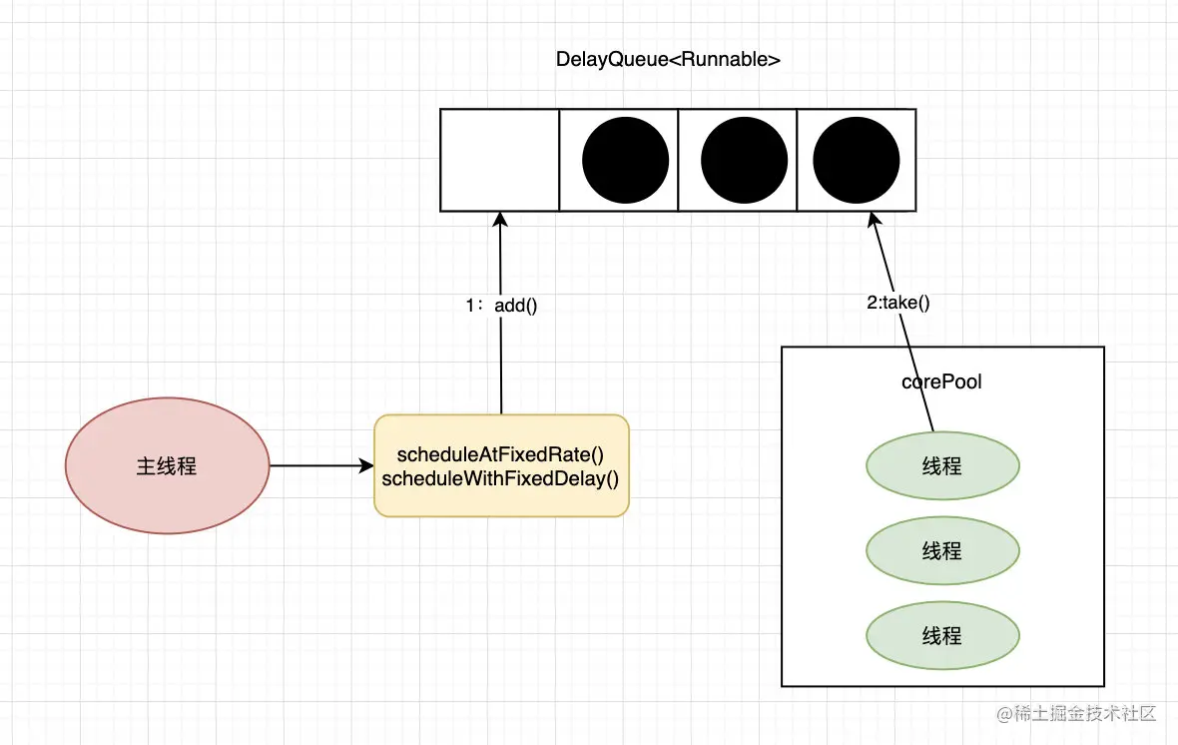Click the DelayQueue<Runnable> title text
[668, 59]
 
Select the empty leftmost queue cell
[499, 160]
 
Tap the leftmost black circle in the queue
[625, 160]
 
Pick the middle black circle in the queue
[744, 160]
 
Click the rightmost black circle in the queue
[857, 160]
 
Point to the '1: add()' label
[502, 306]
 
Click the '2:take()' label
[898, 303]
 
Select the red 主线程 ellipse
[168, 465]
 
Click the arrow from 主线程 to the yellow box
[321, 465]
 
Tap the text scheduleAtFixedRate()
[500, 454]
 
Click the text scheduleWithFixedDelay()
[500, 479]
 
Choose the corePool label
[941, 381]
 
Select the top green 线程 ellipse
[942, 465]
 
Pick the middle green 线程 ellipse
[942, 550]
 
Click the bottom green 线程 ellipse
[942, 635]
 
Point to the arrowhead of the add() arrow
[500, 219]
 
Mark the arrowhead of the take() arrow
[873, 219]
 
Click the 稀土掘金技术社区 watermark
[1076, 713]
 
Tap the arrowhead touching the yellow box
[366, 465]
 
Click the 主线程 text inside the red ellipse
[167, 466]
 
